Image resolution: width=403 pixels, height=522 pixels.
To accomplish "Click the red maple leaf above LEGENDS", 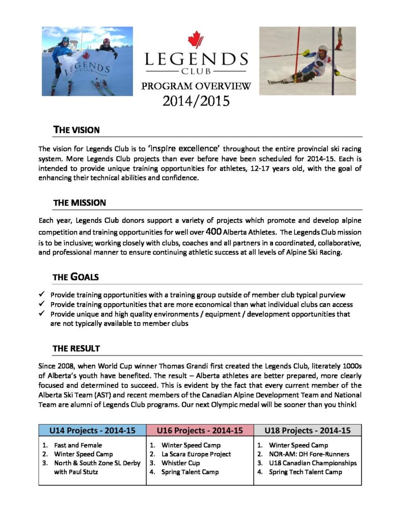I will (x=196, y=40).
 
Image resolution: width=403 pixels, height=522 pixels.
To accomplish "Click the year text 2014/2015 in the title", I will (x=196, y=101).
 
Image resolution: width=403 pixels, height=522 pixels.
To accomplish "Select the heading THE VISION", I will (x=76, y=130).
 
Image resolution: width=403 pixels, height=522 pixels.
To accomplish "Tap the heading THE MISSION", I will (x=79, y=202).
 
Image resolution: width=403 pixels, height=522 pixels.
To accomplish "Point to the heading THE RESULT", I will (x=76, y=349).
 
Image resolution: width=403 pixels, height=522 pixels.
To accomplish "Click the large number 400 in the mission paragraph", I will (x=213, y=231).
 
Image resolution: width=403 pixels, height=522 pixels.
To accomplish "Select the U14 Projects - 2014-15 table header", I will (x=92, y=430).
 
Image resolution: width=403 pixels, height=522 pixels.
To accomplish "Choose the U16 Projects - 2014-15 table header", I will (x=200, y=430).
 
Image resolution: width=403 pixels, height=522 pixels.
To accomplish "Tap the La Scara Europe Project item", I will (x=196, y=454).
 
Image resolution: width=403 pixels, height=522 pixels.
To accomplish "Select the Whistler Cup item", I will (x=180, y=463).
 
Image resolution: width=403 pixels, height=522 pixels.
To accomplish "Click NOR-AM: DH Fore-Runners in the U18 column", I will (x=309, y=454).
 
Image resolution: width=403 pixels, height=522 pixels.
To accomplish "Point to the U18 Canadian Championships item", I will (x=313, y=463).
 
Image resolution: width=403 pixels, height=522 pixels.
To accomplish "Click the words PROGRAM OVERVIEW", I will (x=196, y=86).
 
